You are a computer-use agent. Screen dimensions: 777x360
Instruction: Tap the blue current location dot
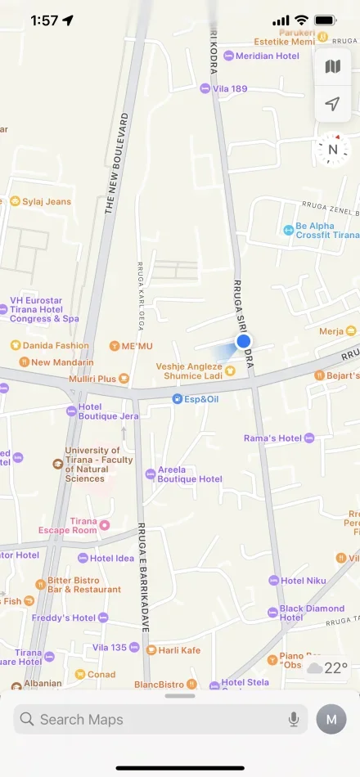(x=243, y=342)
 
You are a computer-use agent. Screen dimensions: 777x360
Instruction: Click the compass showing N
(x=332, y=149)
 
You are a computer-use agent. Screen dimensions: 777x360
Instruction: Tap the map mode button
(x=332, y=66)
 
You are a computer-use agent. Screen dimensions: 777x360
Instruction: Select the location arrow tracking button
(x=332, y=104)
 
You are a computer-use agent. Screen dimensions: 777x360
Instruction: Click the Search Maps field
(x=155, y=720)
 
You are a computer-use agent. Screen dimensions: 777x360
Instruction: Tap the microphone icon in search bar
(x=294, y=720)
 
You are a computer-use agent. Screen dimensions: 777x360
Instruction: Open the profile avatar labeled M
(x=331, y=720)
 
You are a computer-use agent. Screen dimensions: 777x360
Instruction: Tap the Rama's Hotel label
(x=272, y=438)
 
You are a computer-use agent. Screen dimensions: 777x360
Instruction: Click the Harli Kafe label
(x=178, y=649)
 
